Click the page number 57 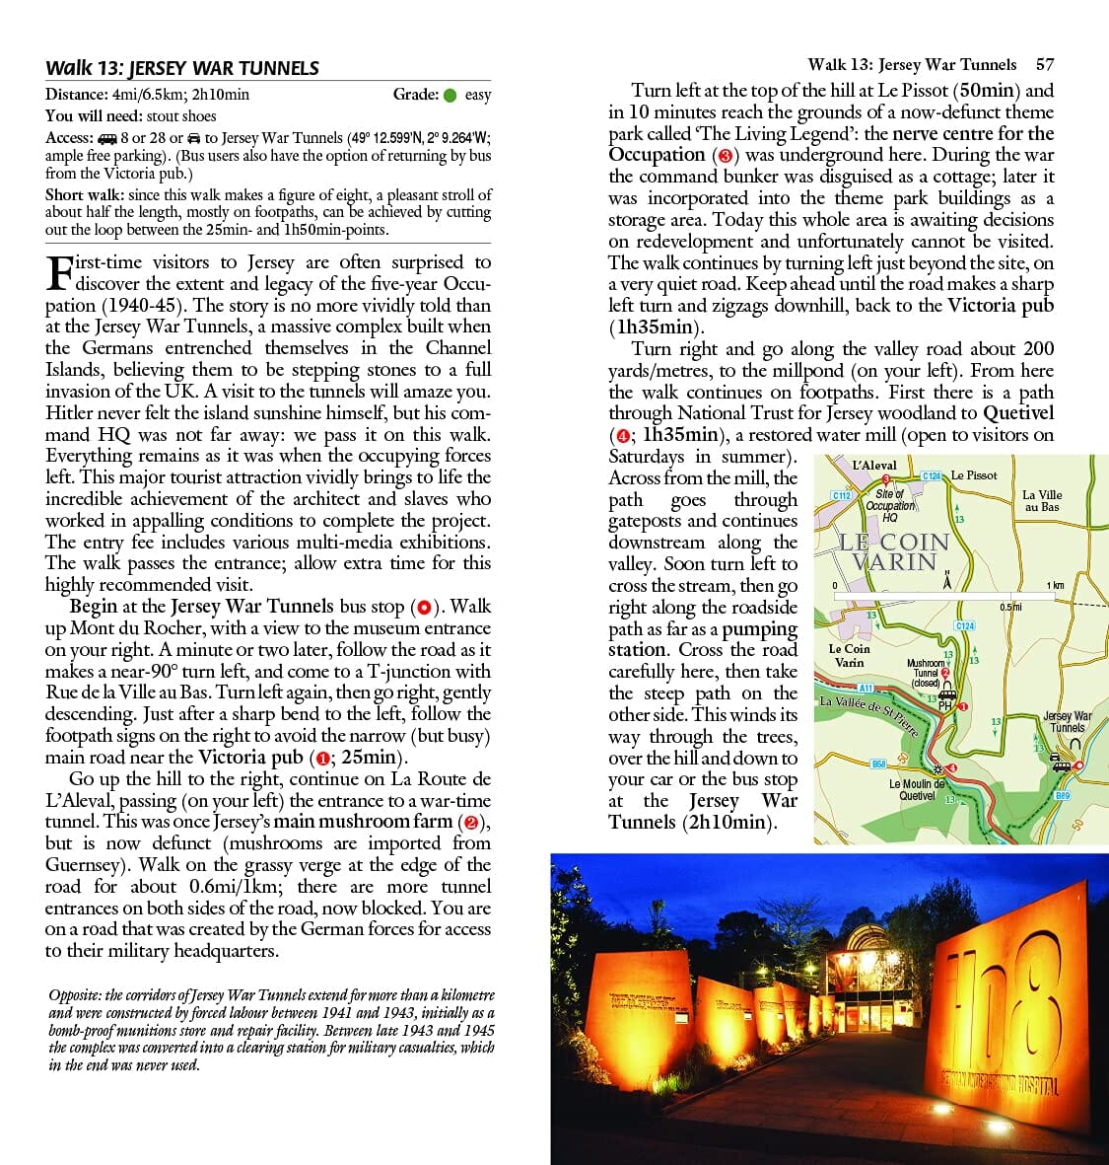point(1045,65)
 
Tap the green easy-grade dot point(450,95)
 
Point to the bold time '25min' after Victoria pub point(367,758)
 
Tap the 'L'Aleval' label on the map point(875,466)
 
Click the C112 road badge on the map point(841,494)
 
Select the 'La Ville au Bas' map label point(1042,501)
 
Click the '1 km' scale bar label point(1054,586)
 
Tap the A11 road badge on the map point(865,687)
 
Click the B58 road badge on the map point(878,764)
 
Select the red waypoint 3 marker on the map point(886,479)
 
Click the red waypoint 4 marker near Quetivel point(952,767)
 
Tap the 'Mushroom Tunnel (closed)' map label point(926,673)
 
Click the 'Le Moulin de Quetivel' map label point(917,789)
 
